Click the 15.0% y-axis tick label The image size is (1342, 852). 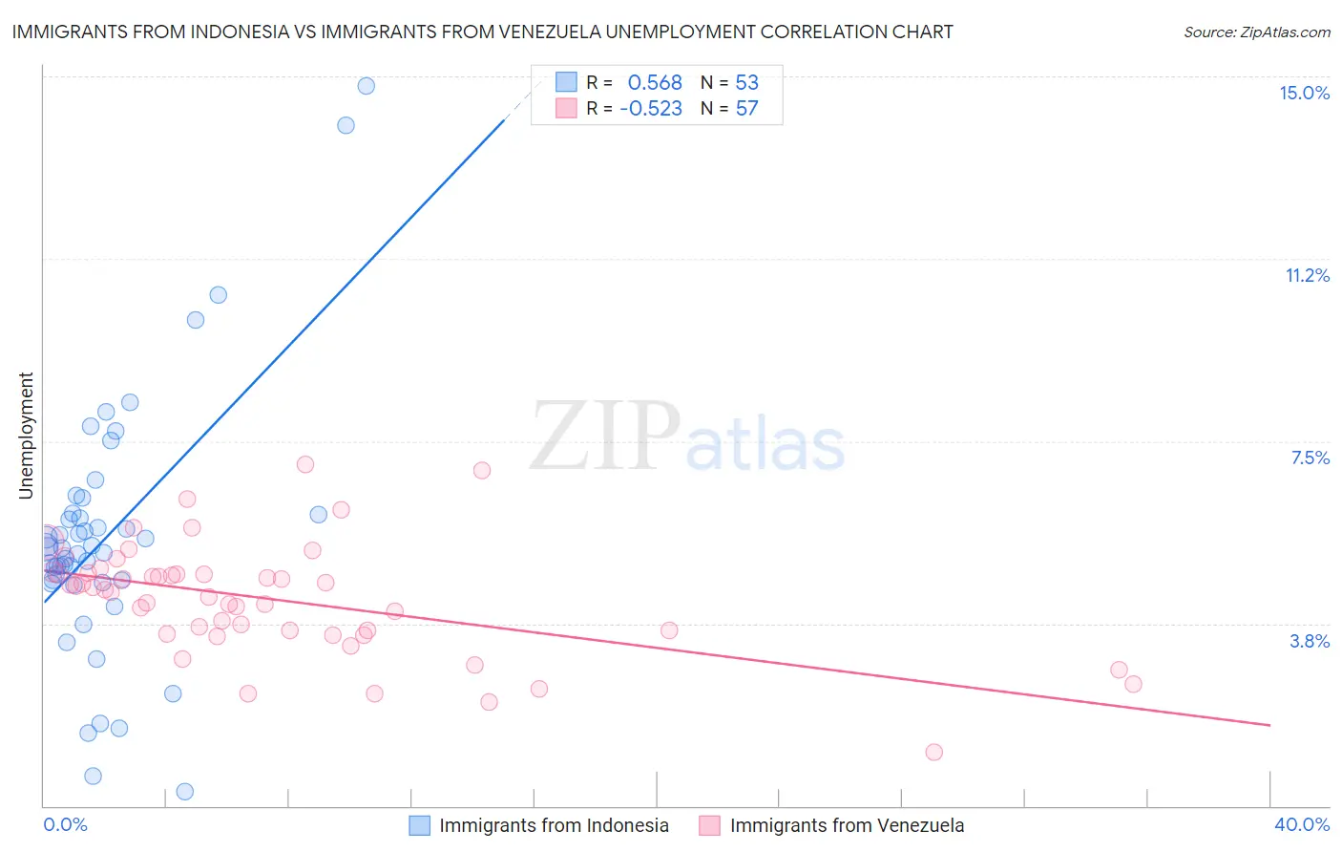[x=1304, y=93]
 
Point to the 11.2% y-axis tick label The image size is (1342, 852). [x=1307, y=275]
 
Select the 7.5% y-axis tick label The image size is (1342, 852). [x=1310, y=458]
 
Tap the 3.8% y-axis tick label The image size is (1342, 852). [x=1310, y=641]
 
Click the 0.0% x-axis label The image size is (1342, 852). [x=65, y=824]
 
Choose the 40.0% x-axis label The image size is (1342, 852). [x=1301, y=824]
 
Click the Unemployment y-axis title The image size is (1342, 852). [x=26, y=436]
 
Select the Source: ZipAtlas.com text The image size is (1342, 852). [x=1256, y=32]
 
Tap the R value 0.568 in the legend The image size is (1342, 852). [x=655, y=82]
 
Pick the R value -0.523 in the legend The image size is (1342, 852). [x=651, y=108]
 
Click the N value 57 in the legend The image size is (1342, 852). [x=746, y=108]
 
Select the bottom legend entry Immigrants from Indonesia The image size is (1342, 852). [x=554, y=825]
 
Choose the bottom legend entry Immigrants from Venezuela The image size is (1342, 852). [x=846, y=825]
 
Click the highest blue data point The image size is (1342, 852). [x=366, y=86]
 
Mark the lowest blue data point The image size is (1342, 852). [x=185, y=791]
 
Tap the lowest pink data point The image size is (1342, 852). [x=933, y=752]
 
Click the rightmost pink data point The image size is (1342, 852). [x=1133, y=684]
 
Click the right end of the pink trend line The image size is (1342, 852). [x=1269, y=725]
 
